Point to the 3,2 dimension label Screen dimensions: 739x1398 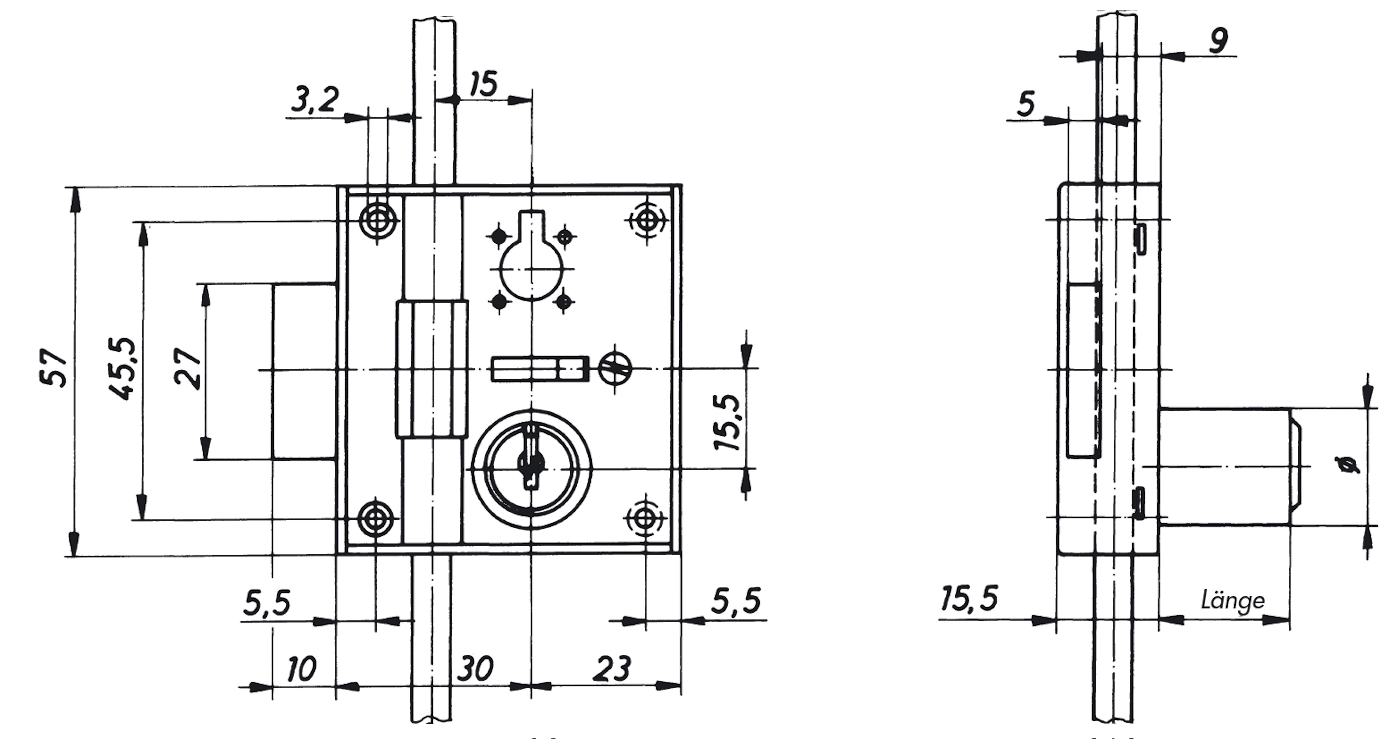[315, 99]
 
